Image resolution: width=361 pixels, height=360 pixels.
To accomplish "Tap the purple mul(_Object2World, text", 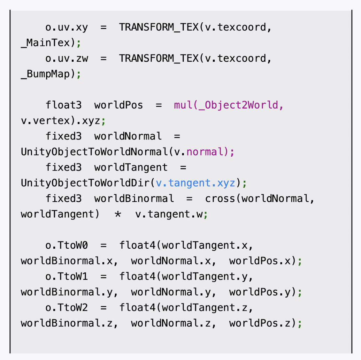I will [x=229, y=105].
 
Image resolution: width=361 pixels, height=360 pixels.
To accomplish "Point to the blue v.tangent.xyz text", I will [x=196, y=183].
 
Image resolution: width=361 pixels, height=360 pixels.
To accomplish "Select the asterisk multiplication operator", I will [x=118, y=214].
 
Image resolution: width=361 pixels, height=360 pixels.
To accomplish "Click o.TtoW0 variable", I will [x=67, y=245].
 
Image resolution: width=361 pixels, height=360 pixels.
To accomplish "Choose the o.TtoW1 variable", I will [x=67, y=276].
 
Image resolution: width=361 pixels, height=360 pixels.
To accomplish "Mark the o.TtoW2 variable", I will [x=67, y=307].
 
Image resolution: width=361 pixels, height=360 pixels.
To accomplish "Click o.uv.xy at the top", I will [x=67, y=27].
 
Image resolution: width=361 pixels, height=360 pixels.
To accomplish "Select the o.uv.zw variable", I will [x=67, y=58].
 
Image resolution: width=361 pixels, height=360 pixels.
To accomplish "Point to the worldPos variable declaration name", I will [x=118, y=105].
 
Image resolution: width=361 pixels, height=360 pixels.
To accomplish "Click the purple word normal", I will [x=205, y=152].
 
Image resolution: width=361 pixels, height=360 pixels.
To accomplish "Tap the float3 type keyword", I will [x=64, y=105].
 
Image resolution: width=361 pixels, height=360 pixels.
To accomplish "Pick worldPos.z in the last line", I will [x=260, y=323].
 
